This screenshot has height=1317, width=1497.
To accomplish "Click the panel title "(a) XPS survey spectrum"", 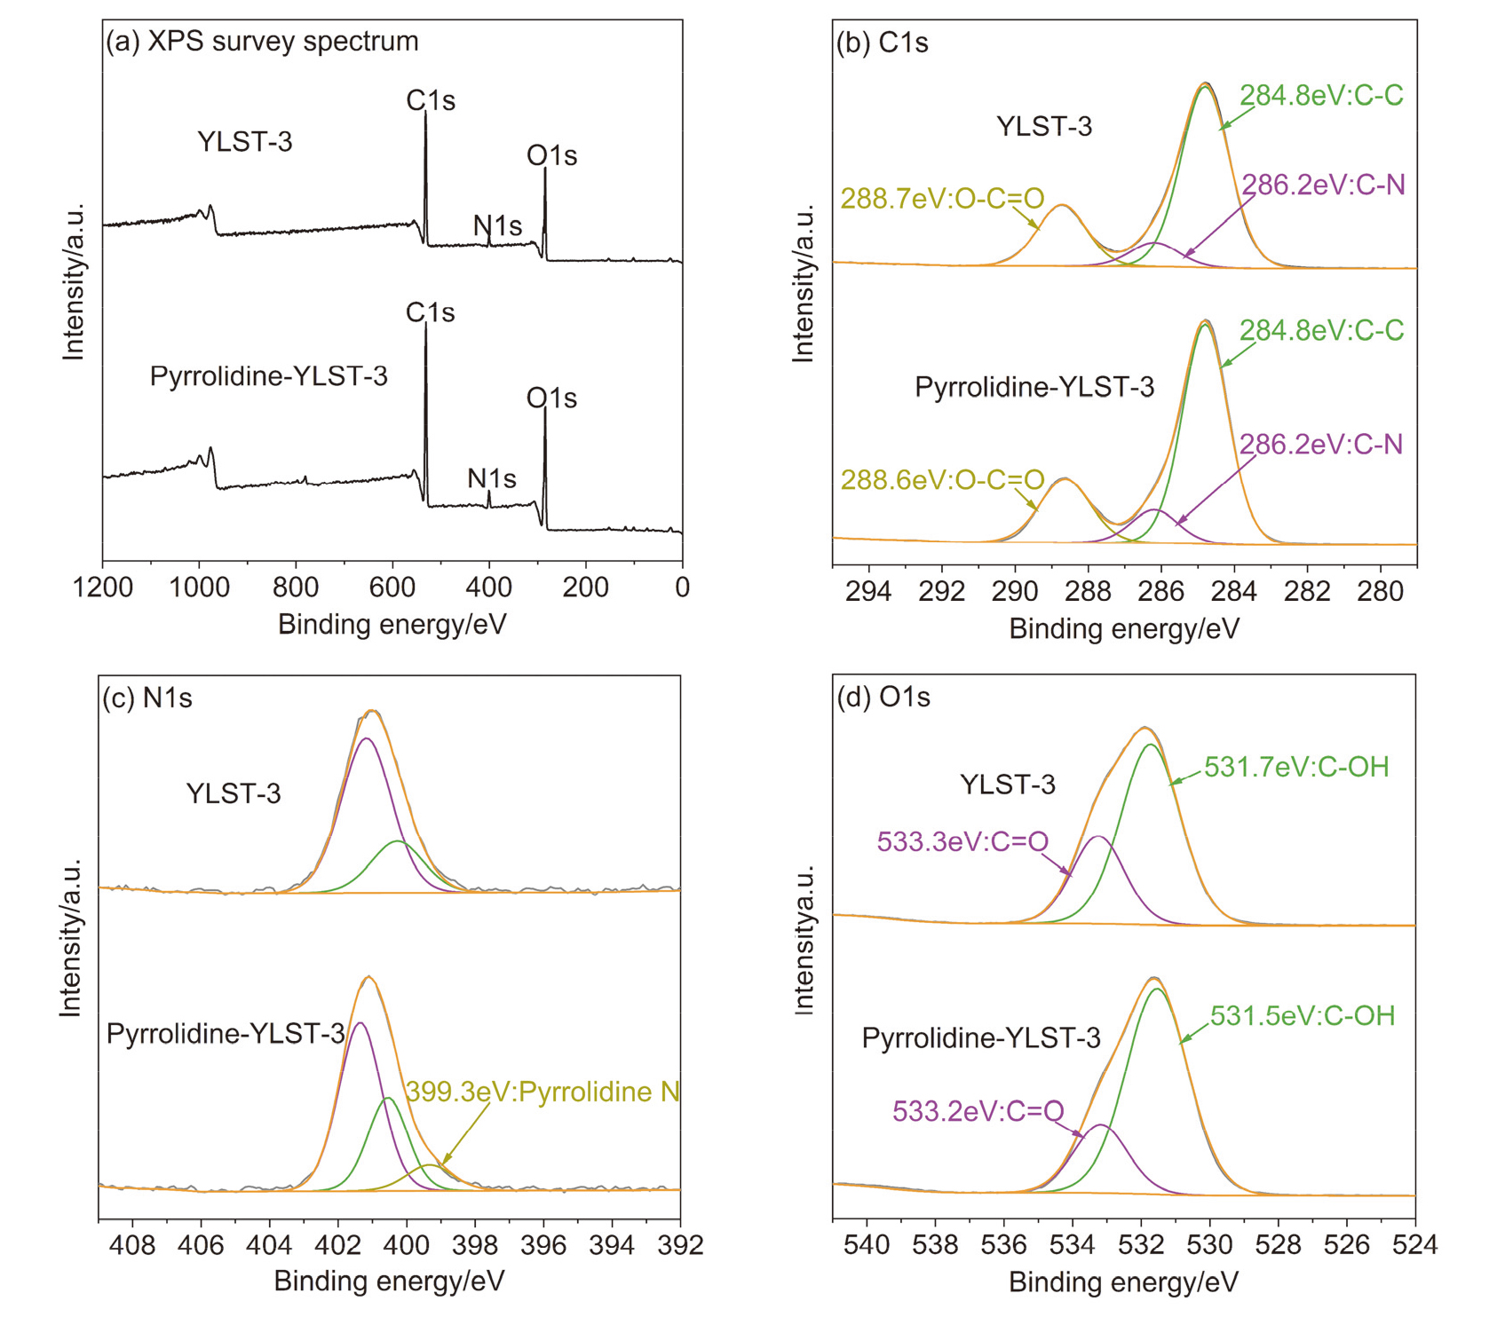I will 262,42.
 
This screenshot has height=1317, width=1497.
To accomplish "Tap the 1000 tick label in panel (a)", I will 200,588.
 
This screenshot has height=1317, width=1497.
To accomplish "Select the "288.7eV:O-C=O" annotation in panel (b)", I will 942,198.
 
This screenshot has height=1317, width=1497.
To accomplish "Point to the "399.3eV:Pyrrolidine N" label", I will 543,1092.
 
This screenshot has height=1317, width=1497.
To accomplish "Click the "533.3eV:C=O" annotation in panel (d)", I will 962,841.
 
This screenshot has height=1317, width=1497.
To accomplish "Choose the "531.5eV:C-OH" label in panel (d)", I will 1303,1015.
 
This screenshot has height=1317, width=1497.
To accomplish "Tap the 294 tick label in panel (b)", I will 867,591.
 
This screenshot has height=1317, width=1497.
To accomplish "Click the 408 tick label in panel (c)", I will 132,1245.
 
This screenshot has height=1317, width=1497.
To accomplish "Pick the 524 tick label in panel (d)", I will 1414,1245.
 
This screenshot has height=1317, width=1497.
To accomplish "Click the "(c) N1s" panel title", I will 147,698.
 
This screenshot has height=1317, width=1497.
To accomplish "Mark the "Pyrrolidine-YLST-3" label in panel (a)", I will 268,376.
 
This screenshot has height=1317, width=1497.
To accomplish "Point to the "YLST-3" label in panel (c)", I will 234,793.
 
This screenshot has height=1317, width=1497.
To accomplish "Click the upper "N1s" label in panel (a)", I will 497,226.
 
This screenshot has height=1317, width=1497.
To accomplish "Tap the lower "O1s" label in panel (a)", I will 551,398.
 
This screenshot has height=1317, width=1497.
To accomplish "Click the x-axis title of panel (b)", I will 1123,629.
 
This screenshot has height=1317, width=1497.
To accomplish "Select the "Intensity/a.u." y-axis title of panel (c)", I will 70,937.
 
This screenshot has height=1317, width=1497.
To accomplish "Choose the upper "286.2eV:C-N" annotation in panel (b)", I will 1323,185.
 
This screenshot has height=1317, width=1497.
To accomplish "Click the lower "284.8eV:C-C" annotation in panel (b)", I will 1321,331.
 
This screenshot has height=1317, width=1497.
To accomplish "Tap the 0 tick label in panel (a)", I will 682,588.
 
